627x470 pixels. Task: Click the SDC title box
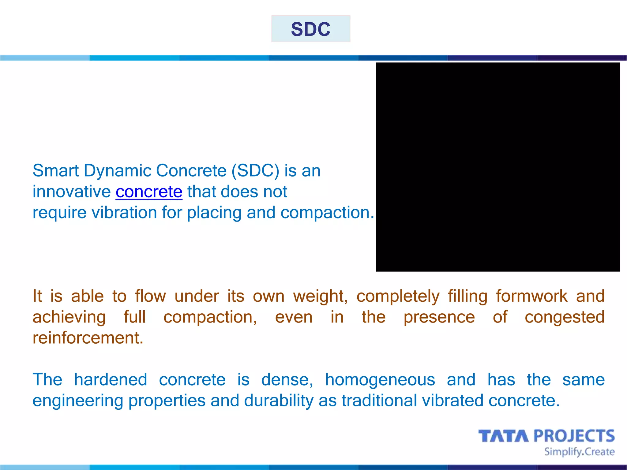pos(310,29)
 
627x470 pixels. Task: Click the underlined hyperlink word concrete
pos(149,192)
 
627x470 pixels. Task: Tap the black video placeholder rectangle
pos(498,167)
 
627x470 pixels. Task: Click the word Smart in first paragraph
pos(55,171)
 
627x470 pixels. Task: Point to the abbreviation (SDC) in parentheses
pos(255,171)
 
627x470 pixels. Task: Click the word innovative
pos(72,192)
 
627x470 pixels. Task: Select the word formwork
pos(531,297)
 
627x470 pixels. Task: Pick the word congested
pos(565,317)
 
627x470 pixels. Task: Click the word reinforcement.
pos(88,338)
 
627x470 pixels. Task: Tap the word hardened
pos(111,380)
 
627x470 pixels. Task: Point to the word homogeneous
pos(380,380)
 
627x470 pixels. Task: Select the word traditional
pos(379,401)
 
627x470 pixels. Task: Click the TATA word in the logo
pos(503,436)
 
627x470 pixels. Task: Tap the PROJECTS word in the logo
pos(574,436)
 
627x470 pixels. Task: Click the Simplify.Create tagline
pos(579,452)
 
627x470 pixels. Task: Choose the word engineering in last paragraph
pos(78,401)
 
